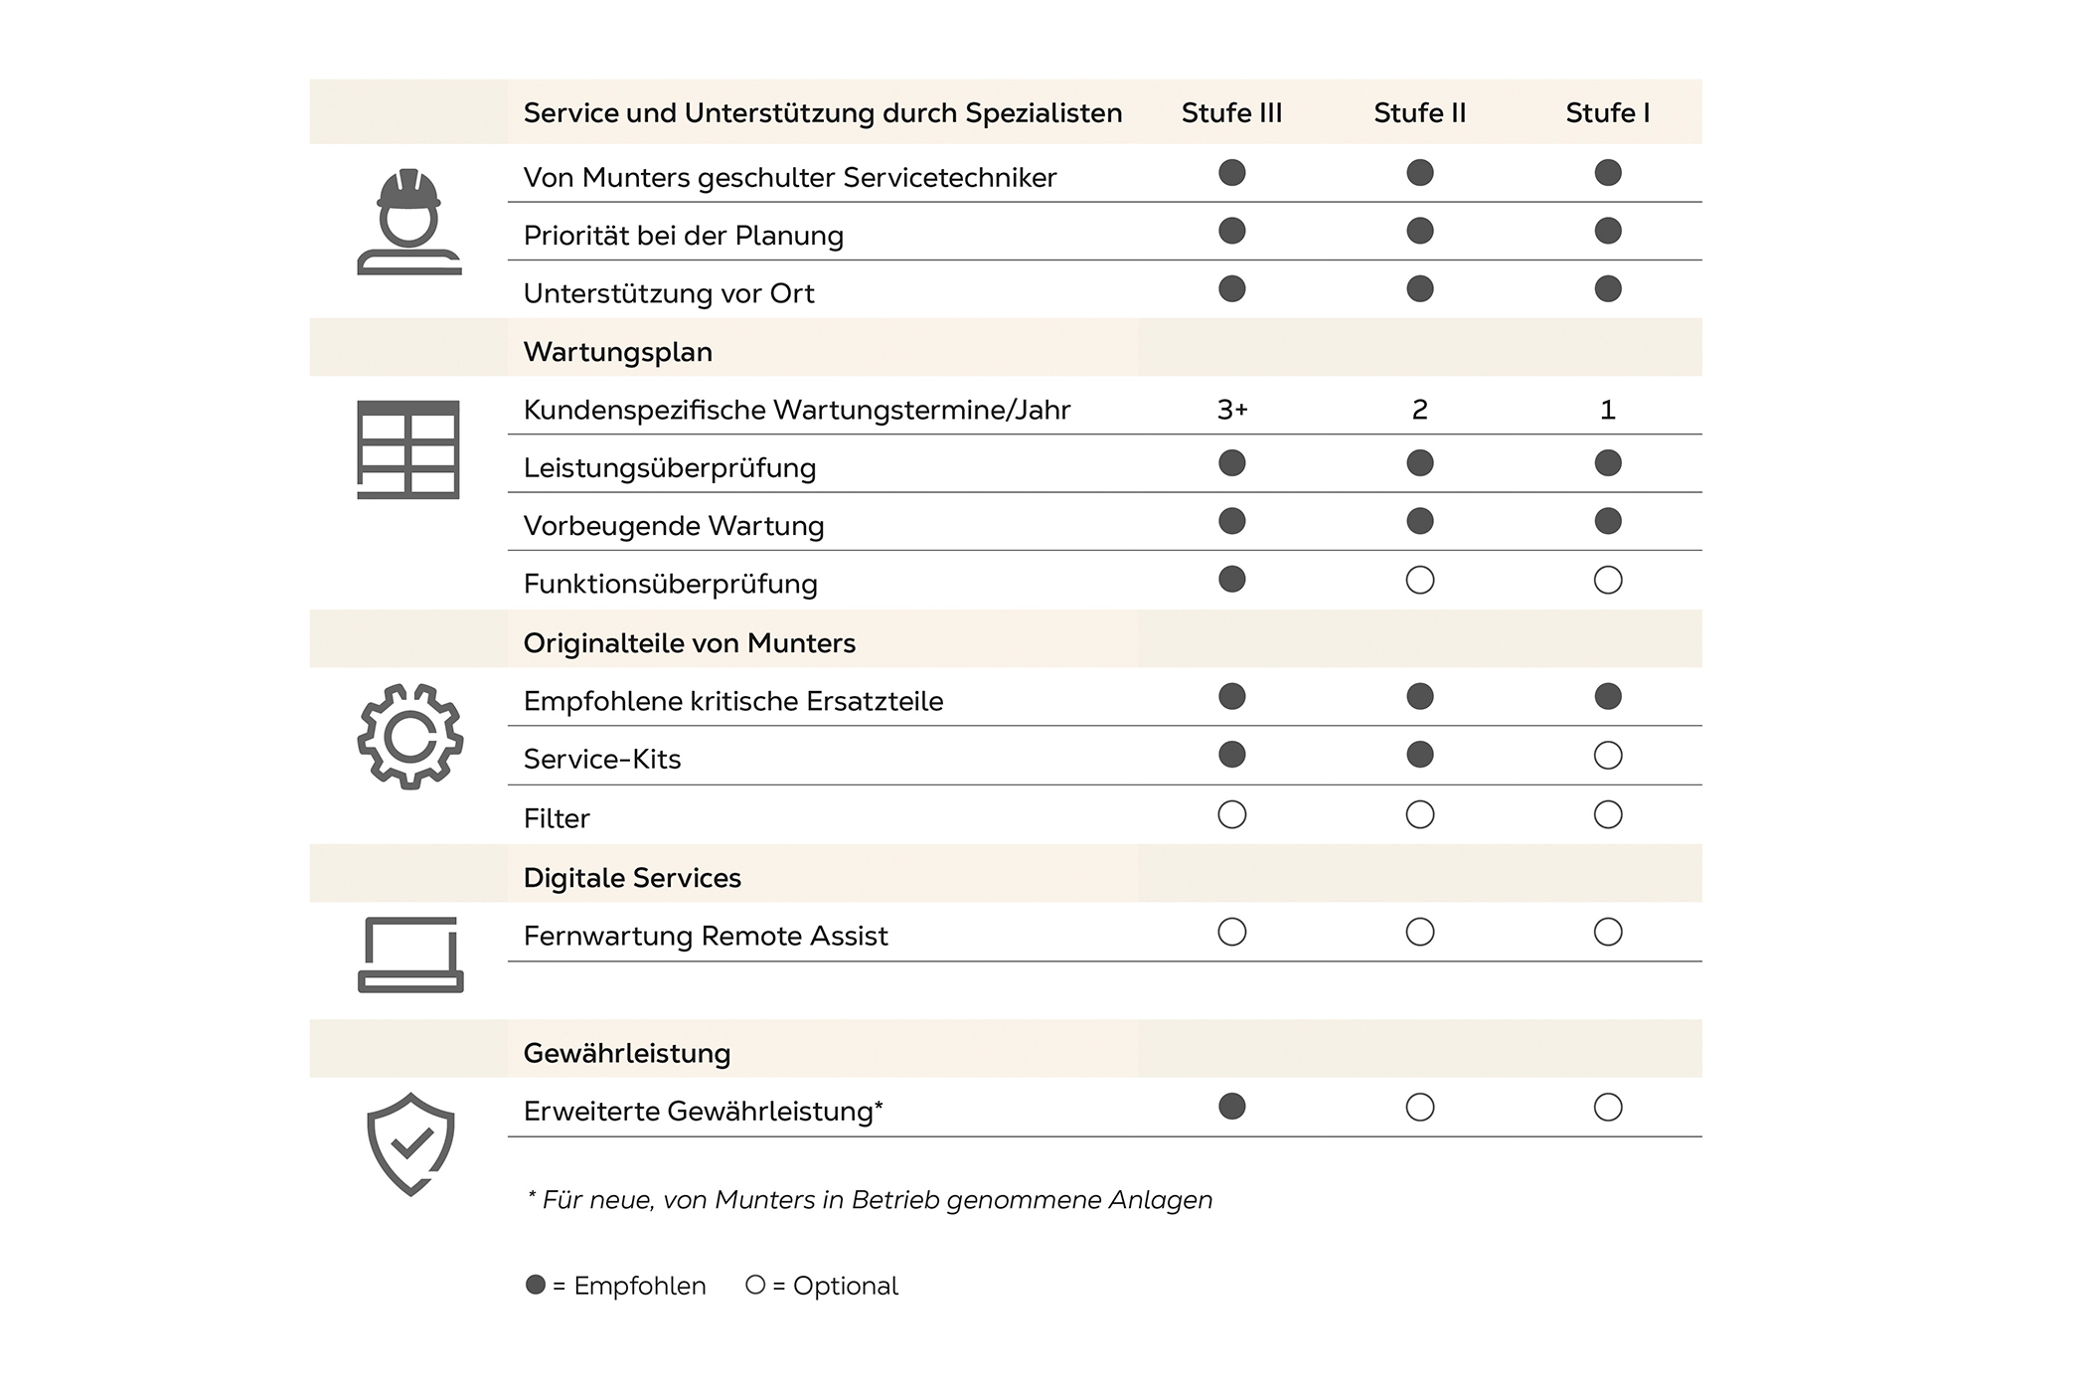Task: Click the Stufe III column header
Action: (x=1231, y=113)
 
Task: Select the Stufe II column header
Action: (x=1419, y=113)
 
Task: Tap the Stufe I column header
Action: (x=1607, y=113)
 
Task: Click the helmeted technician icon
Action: (x=408, y=222)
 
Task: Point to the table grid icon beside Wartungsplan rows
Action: (x=407, y=449)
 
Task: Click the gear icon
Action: (x=409, y=737)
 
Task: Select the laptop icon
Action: (x=409, y=955)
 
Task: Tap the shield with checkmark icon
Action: (x=410, y=1143)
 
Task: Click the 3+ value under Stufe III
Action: (x=1232, y=410)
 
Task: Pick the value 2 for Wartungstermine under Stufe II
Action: (x=1419, y=410)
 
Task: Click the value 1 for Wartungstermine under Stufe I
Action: (x=1607, y=410)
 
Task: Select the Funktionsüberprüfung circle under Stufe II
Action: (x=1419, y=581)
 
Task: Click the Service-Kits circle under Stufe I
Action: (x=1607, y=756)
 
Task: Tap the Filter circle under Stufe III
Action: (x=1231, y=815)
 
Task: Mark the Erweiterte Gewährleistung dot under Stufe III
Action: (x=1231, y=1107)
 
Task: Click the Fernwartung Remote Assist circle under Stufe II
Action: (x=1419, y=932)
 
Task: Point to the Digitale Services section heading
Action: (x=632, y=878)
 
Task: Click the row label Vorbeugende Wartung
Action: (x=674, y=526)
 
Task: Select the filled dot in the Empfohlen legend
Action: (x=536, y=1285)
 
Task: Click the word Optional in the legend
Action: (x=845, y=1286)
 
